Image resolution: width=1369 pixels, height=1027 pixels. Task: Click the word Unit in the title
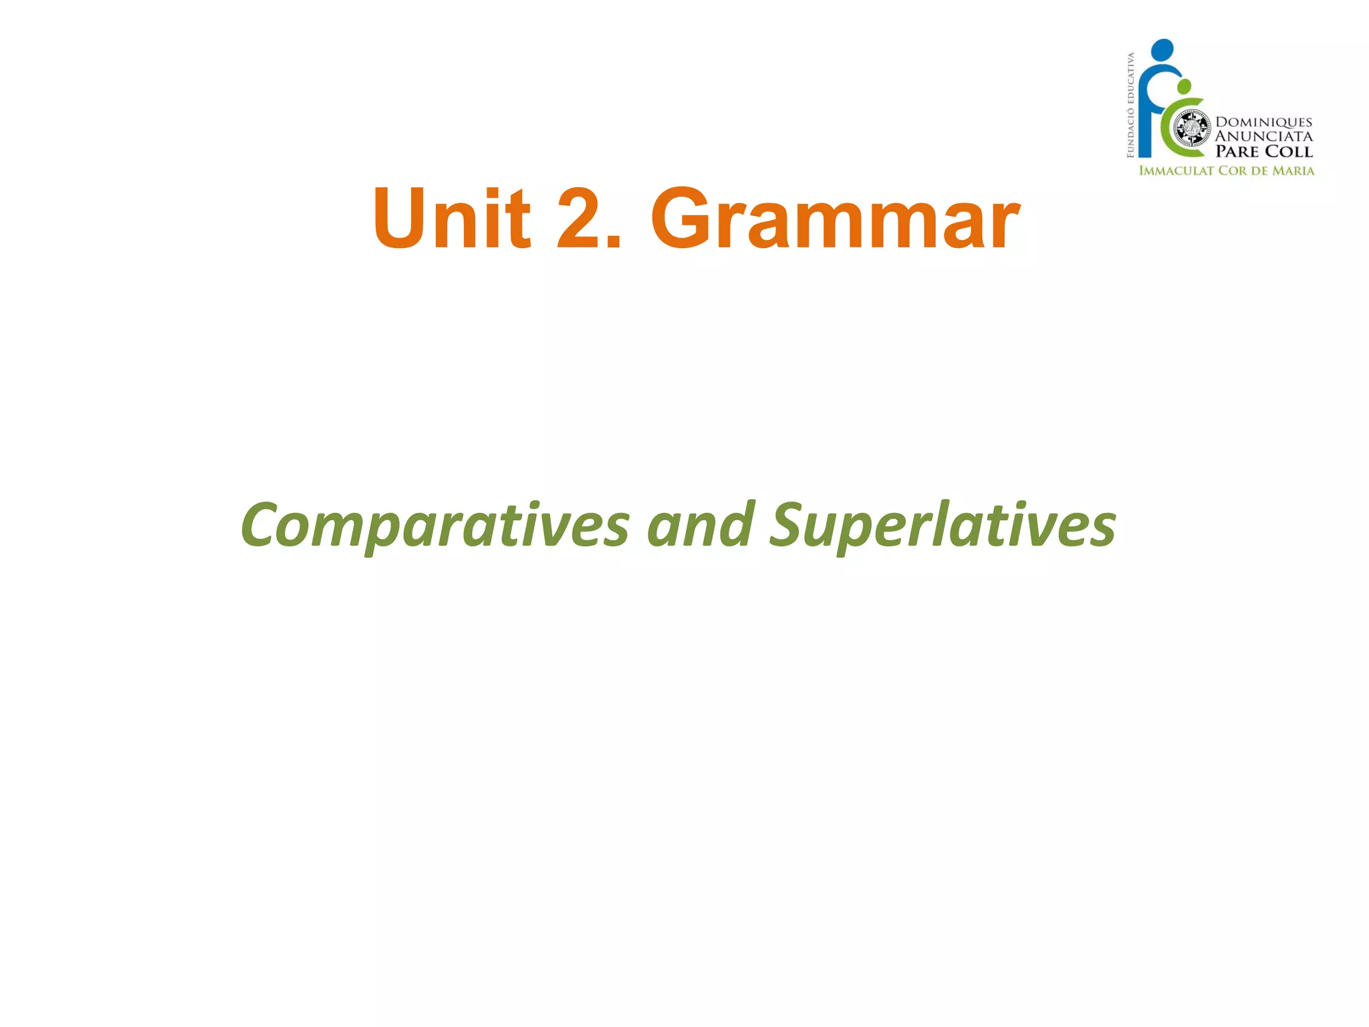pyautogui.click(x=452, y=219)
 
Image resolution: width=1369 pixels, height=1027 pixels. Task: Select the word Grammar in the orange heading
pyautogui.click(x=835, y=219)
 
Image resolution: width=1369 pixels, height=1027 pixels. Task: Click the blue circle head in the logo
pyautogui.click(x=1162, y=49)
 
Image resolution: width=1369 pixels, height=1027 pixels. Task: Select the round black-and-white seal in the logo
pyautogui.click(x=1192, y=128)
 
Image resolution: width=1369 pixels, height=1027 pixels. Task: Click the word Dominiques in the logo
pyautogui.click(x=1263, y=122)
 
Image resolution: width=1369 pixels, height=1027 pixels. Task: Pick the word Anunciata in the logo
pyautogui.click(x=1263, y=136)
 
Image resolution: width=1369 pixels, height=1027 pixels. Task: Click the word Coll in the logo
pyautogui.click(x=1289, y=152)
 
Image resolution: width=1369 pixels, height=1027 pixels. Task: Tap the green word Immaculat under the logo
pyautogui.click(x=1176, y=170)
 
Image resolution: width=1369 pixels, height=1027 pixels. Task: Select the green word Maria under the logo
pyautogui.click(x=1293, y=170)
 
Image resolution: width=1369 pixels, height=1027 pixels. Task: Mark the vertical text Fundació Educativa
pyautogui.click(x=1130, y=105)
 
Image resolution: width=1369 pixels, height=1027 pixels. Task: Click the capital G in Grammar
pyautogui.click(x=681, y=219)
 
